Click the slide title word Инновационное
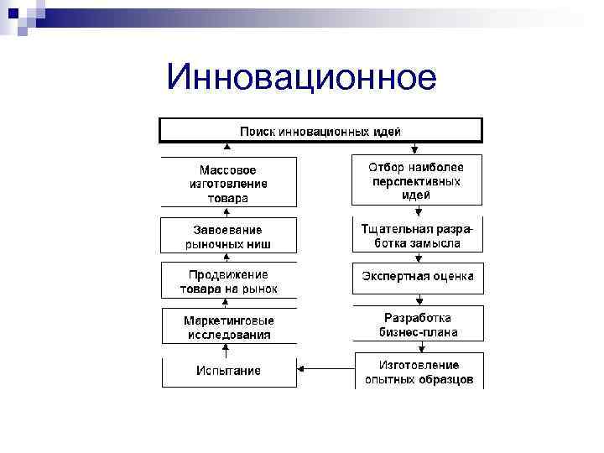click(x=301, y=77)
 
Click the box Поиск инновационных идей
click(x=320, y=131)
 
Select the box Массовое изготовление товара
click(x=228, y=182)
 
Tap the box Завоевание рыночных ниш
click(x=228, y=237)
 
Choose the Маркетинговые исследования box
click(x=228, y=326)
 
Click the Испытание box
click(x=228, y=371)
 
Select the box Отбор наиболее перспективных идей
click(x=417, y=180)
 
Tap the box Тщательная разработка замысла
click(x=417, y=235)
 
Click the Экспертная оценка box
click(x=417, y=277)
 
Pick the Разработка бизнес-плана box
click(x=417, y=325)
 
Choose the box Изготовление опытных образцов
click(x=417, y=372)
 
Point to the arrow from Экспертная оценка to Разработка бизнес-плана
click(x=417, y=299)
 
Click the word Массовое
click(x=228, y=169)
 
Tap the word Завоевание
click(x=228, y=230)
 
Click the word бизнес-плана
click(x=418, y=332)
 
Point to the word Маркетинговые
click(x=228, y=320)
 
